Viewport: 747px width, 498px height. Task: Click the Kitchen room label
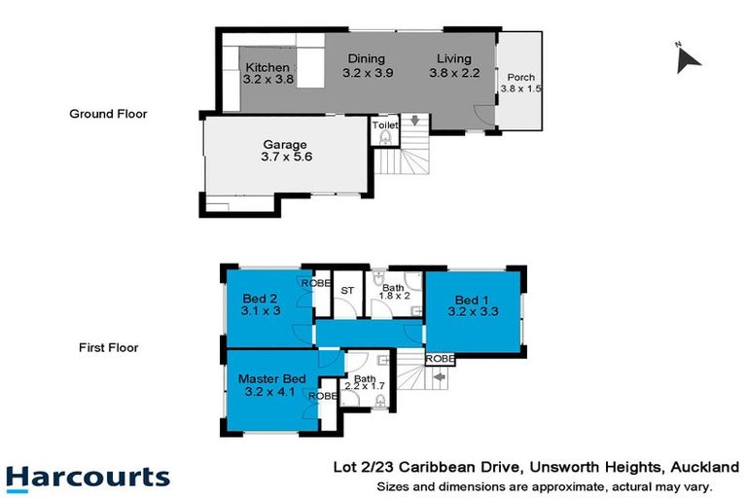tap(267, 67)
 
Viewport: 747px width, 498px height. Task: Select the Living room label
tap(453, 58)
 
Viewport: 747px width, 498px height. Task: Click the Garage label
tap(284, 145)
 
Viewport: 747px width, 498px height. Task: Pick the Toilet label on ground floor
tap(384, 125)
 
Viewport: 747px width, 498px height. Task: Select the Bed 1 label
tap(467, 299)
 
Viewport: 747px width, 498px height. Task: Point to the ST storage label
tap(346, 291)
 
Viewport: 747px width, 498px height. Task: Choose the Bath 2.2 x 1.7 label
tap(364, 379)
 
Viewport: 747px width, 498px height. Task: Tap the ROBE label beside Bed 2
tap(314, 283)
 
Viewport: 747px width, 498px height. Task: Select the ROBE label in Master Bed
tap(323, 397)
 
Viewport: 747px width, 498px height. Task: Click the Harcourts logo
tap(88, 478)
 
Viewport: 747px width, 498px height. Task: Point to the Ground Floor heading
tap(108, 114)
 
